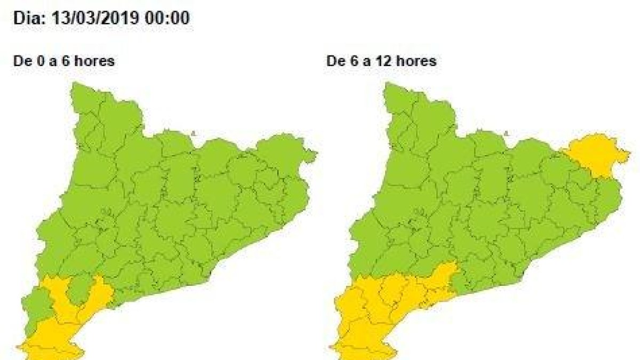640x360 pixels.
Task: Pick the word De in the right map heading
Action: (334, 61)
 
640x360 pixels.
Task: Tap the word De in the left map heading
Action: (21, 61)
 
